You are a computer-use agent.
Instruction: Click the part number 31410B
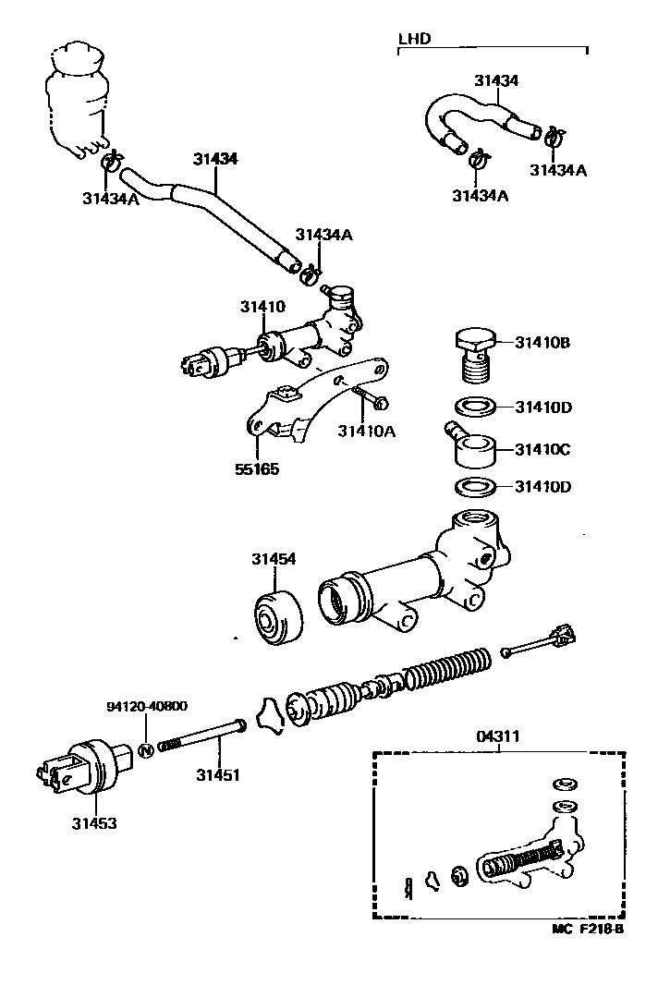[x=542, y=344]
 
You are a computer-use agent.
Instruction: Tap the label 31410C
[x=542, y=450]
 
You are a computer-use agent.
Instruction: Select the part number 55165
[x=257, y=468]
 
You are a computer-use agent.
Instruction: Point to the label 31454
[x=274, y=559]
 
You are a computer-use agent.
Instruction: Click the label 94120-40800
[x=147, y=707]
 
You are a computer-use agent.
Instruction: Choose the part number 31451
[x=217, y=775]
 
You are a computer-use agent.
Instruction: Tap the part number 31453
[x=95, y=822]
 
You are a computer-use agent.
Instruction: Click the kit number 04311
[x=498, y=736]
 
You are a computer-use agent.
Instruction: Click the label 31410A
[x=365, y=431]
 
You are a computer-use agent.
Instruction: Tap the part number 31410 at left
[x=263, y=307]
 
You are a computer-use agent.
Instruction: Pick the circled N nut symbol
[x=146, y=748]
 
